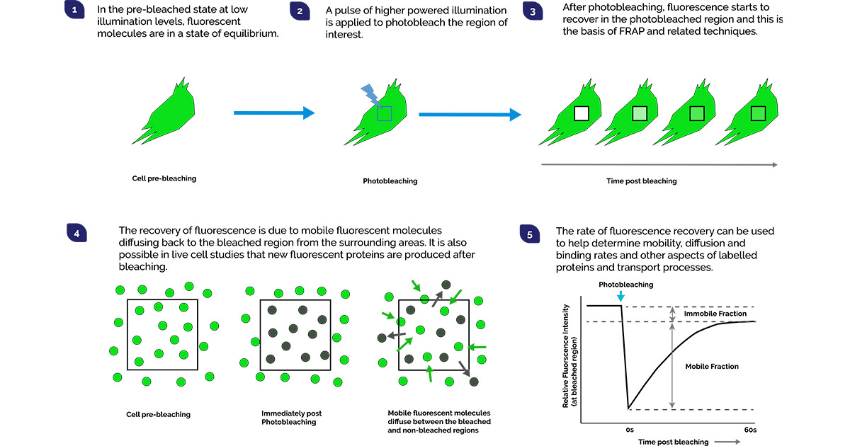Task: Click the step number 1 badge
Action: pyautogui.click(x=74, y=11)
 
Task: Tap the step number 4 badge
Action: pyautogui.click(x=76, y=231)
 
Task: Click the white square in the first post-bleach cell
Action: pyautogui.click(x=582, y=114)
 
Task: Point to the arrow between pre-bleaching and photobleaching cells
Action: pyautogui.click(x=273, y=113)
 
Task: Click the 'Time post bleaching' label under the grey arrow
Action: pyautogui.click(x=641, y=181)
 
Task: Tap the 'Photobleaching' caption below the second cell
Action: pyautogui.click(x=390, y=181)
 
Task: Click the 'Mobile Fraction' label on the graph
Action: pyautogui.click(x=712, y=367)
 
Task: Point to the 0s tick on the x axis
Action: pyautogui.click(x=628, y=430)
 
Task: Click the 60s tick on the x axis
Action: pyautogui.click(x=750, y=430)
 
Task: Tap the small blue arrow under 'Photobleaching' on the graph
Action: pyautogui.click(x=621, y=296)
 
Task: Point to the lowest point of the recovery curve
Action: pyautogui.click(x=628, y=408)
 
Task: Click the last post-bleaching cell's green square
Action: pyautogui.click(x=759, y=114)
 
